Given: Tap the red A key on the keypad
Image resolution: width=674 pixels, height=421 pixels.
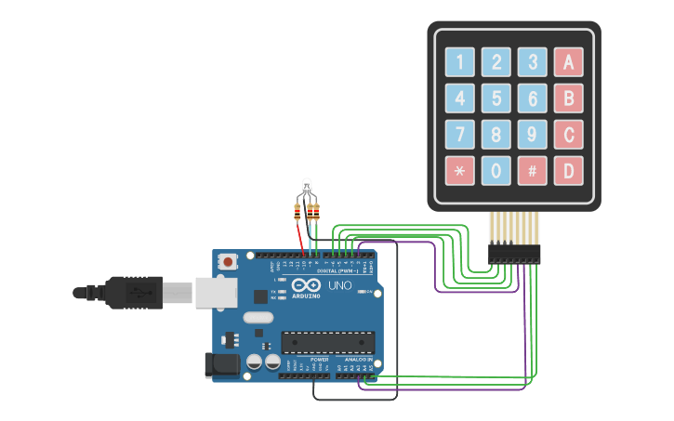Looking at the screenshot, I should coord(568,62).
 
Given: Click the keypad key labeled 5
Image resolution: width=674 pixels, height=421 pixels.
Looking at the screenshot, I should coord(496,99).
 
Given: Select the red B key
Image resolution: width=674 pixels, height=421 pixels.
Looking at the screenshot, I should coord(568,99).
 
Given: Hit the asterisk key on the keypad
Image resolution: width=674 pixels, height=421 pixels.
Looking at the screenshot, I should coord(460,171).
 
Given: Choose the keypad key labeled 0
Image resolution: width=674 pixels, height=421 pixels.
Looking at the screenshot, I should coord(496,171).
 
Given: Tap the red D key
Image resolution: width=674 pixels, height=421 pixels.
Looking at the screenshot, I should coord(568,171).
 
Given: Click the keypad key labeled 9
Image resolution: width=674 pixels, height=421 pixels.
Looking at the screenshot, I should coord(532,135).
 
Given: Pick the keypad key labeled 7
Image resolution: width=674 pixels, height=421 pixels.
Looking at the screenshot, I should coord(460,135).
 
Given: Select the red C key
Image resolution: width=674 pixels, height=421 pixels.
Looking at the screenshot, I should coord(568,135).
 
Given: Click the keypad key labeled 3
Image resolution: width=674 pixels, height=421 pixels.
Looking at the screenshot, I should coord(532,62).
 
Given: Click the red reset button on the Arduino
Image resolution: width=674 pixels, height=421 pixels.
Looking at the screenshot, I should coord(228,263).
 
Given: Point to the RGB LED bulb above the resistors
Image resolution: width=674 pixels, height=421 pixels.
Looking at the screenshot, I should coord(308,188).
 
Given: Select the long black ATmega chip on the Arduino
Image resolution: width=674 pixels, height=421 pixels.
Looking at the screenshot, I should coord(327,342).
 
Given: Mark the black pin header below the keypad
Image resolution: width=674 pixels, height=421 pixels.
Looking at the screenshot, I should coord(514,253).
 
